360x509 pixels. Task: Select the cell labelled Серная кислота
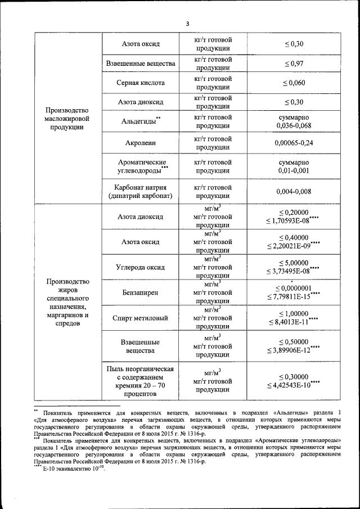point(141,83)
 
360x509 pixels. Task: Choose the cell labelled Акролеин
point(141,143)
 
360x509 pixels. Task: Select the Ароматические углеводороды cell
point(141,166)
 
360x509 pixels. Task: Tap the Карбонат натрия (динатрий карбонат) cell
point(141,191)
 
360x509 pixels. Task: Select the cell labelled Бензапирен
point(141,292)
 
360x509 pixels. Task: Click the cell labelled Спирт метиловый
point(141,318)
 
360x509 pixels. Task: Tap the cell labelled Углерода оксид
point(141,267)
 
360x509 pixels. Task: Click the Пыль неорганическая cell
point(141,381)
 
